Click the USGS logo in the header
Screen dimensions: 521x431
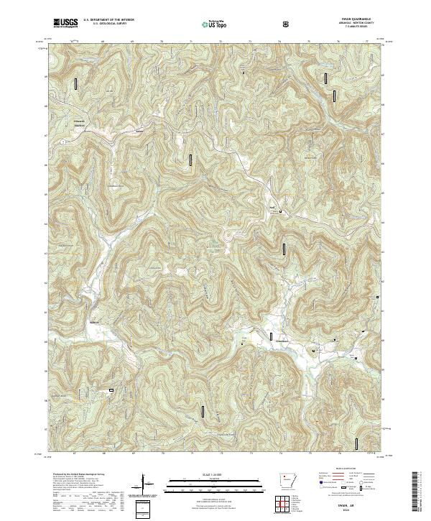point(65,24)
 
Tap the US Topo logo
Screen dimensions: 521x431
point(217,24)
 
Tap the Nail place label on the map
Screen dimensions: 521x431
point(272,208)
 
